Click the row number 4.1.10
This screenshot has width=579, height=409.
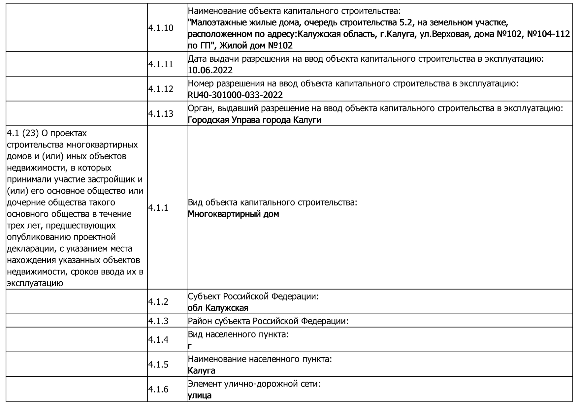click(161, 28)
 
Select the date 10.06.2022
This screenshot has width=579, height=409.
click(210, 70)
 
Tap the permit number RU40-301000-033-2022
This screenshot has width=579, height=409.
click(235, 95)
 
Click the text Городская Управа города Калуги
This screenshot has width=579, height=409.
click(254, 120)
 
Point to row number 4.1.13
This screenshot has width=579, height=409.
click(161, 114)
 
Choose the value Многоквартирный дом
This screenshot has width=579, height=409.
click(233, 214)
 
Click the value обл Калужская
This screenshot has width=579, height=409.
click(218, 308)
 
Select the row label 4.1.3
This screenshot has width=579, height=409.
click(158, 321)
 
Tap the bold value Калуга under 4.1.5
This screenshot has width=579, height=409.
click(202, 371)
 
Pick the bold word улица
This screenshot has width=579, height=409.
click(200, 395)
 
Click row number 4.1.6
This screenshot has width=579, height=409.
click(158, 390)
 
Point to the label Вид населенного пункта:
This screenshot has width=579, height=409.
click(238, 334)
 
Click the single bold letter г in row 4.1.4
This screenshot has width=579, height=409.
click(190, 346)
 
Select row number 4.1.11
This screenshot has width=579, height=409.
click(161, 64)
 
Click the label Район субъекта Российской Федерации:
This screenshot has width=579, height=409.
click(268, 321)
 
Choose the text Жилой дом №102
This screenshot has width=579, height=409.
click(256, 46)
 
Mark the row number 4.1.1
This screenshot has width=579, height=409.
click(158, 208)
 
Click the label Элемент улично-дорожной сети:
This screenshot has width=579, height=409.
click(254, 384)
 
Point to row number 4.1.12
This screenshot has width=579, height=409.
click(161, 89)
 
